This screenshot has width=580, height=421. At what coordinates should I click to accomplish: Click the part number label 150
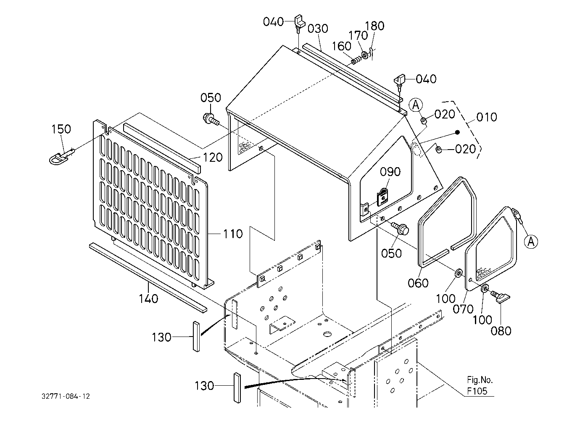[61, 129]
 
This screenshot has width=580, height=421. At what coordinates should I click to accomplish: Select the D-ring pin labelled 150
[61, 157]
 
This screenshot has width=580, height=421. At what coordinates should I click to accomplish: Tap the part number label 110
[233, 234]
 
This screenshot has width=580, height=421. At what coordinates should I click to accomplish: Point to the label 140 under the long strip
[148, 299]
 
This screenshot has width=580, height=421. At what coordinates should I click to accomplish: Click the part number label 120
[213, 158]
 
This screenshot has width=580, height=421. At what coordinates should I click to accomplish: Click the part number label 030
[318, 29]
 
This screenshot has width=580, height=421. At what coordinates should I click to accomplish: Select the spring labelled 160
[356, 60]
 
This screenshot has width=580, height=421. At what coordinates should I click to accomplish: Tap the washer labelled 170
[365, 55]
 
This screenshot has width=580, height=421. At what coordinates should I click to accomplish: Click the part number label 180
[374, 26]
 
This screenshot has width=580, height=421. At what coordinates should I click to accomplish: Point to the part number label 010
[487, 117]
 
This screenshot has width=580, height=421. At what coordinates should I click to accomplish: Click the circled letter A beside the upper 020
[416, 105]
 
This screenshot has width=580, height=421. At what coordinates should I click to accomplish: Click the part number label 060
[418, 283]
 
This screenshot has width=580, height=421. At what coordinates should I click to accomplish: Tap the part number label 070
[463, 309]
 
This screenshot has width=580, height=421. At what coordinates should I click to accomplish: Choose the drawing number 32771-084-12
[66, 396]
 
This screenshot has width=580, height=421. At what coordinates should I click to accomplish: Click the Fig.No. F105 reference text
[480, 386]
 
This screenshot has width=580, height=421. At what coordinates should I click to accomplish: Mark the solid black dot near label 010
[458, 132]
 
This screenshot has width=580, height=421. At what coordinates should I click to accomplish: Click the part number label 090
[390, 172]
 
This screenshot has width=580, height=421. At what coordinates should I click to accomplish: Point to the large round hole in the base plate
[328, 334]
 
